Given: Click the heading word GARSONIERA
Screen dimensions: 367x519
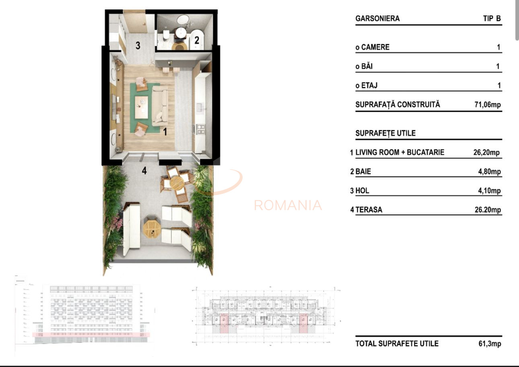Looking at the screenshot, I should [377, 18].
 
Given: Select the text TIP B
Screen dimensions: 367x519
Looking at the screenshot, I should [492, 18].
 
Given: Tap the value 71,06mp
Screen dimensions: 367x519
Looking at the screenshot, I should [488, 105].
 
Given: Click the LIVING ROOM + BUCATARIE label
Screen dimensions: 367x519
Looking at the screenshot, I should [400, 152].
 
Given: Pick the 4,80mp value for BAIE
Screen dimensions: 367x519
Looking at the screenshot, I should [489, 172].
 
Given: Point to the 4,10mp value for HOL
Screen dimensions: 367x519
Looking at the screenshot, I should [489, 191].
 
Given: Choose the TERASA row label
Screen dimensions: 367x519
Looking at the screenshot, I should [369, 210].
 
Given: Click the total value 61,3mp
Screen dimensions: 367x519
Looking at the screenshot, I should [489, 344].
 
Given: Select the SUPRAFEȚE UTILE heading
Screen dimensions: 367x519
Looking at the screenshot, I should [385, 133].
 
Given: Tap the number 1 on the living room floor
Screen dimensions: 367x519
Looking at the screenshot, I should [164, 131].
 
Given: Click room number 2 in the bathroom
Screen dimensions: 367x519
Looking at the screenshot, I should [197, 40].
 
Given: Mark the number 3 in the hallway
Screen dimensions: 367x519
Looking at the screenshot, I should [138, 45].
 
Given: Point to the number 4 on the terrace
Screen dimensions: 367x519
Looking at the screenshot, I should [144, 171].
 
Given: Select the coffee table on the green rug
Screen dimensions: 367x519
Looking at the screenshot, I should [141, 107].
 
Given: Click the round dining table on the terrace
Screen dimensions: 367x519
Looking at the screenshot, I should [177, 183].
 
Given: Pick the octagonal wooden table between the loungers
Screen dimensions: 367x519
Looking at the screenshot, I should [152, 228].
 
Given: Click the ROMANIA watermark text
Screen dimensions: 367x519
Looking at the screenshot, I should [288, 205].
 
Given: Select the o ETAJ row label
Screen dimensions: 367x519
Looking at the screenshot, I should [366, 86].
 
